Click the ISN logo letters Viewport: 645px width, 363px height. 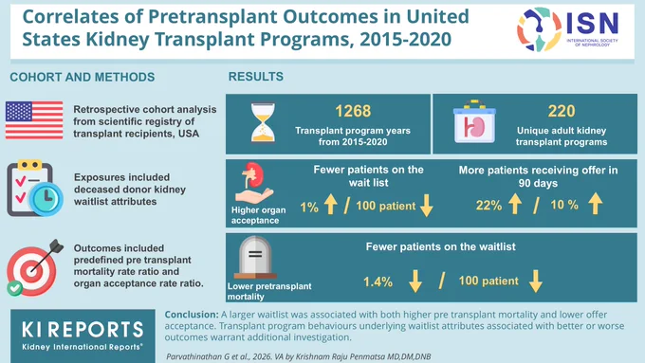(592, 23)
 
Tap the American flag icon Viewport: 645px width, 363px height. (34, 120)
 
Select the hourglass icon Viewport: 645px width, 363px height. (263, 123)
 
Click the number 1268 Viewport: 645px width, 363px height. (353, 111)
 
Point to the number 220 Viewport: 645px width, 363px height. (562, 111)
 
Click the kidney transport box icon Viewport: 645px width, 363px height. (474, 121)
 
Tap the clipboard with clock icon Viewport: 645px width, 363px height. (35, 189)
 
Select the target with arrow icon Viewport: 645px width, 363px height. (34, 267)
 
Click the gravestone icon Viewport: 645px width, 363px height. (255, 258)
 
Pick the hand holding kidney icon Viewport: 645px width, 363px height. (253, 183)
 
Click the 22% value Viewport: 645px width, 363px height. (488, 205)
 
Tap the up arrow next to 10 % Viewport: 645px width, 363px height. (596, 204)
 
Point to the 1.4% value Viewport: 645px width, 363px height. (378, 282)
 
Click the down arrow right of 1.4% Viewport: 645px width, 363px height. (415, 281)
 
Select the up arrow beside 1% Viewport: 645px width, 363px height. (331, 205)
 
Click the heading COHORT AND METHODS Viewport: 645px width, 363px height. (83, 78)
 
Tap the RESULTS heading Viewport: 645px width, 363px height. (256, 77)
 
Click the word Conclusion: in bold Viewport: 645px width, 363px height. (192, 315)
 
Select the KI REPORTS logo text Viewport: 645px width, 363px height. (83, 330)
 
